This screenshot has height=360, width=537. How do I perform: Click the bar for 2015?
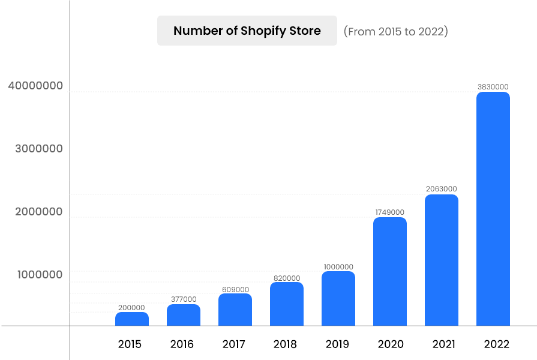pos(132,319)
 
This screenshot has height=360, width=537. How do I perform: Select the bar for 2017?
pos(235,310)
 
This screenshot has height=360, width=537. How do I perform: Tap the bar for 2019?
pos(338,299)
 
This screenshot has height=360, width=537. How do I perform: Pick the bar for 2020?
pos(390,272)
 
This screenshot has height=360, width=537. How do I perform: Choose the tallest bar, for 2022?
pos(493,209)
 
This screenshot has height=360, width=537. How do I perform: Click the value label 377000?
pos(183,299)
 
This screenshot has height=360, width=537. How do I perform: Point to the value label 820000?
pos(286,278)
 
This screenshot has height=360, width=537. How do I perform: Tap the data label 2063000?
pos(441,189)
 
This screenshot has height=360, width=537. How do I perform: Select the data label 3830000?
pos(493,86)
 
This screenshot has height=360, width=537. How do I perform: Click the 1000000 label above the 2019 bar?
pos(338,267)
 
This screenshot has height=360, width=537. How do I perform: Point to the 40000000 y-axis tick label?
pos(35,86)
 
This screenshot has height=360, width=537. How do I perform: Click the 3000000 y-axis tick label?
pos(39,149)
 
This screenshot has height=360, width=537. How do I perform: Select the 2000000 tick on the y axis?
pos(39,212)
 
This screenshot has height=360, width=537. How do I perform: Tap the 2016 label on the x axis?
pos(182,344)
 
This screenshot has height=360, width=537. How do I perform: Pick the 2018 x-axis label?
pos(285,344)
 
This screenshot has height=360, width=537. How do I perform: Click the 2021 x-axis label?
pos(443,344)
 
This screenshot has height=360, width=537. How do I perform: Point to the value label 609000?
pos(235,289)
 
